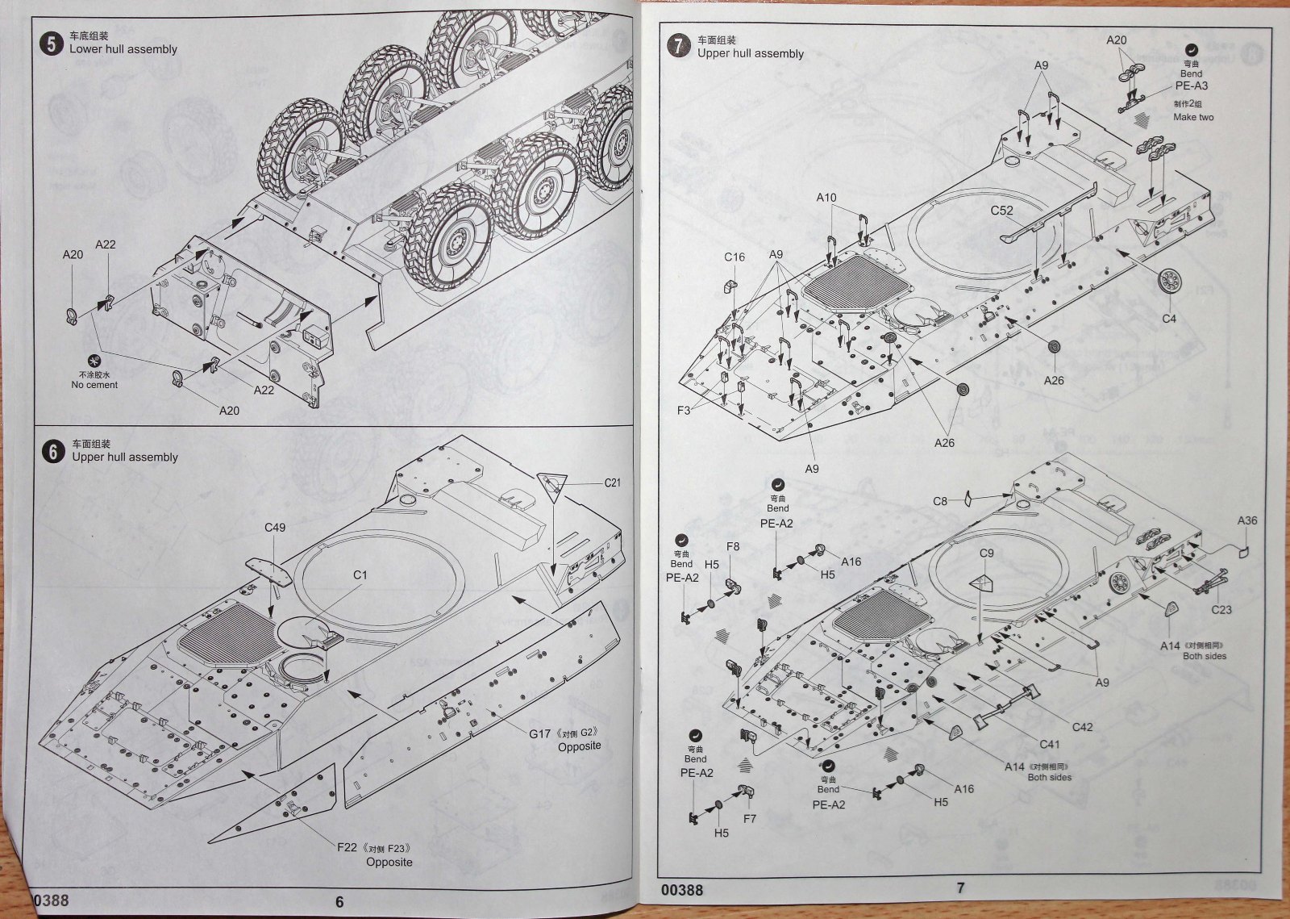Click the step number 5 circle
coord(52,44)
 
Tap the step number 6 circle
coord(53,452)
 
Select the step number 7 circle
coord(680,48)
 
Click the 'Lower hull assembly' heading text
coord(123,49)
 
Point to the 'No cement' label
coord(94,385)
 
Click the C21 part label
coord(613,483)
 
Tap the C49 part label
coord(275,528)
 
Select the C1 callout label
coord(360,575)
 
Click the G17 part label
coord(540,733)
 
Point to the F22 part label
coord(347,848)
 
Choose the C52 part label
coord(1002,211)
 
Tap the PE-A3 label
coord(1192,86)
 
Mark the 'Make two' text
coord(1193,117)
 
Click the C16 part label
coord(734,257)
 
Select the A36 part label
coord(1247,520)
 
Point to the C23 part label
coord(1221,610)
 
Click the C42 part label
coord(1082,727)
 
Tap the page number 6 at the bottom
coord(339,901)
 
